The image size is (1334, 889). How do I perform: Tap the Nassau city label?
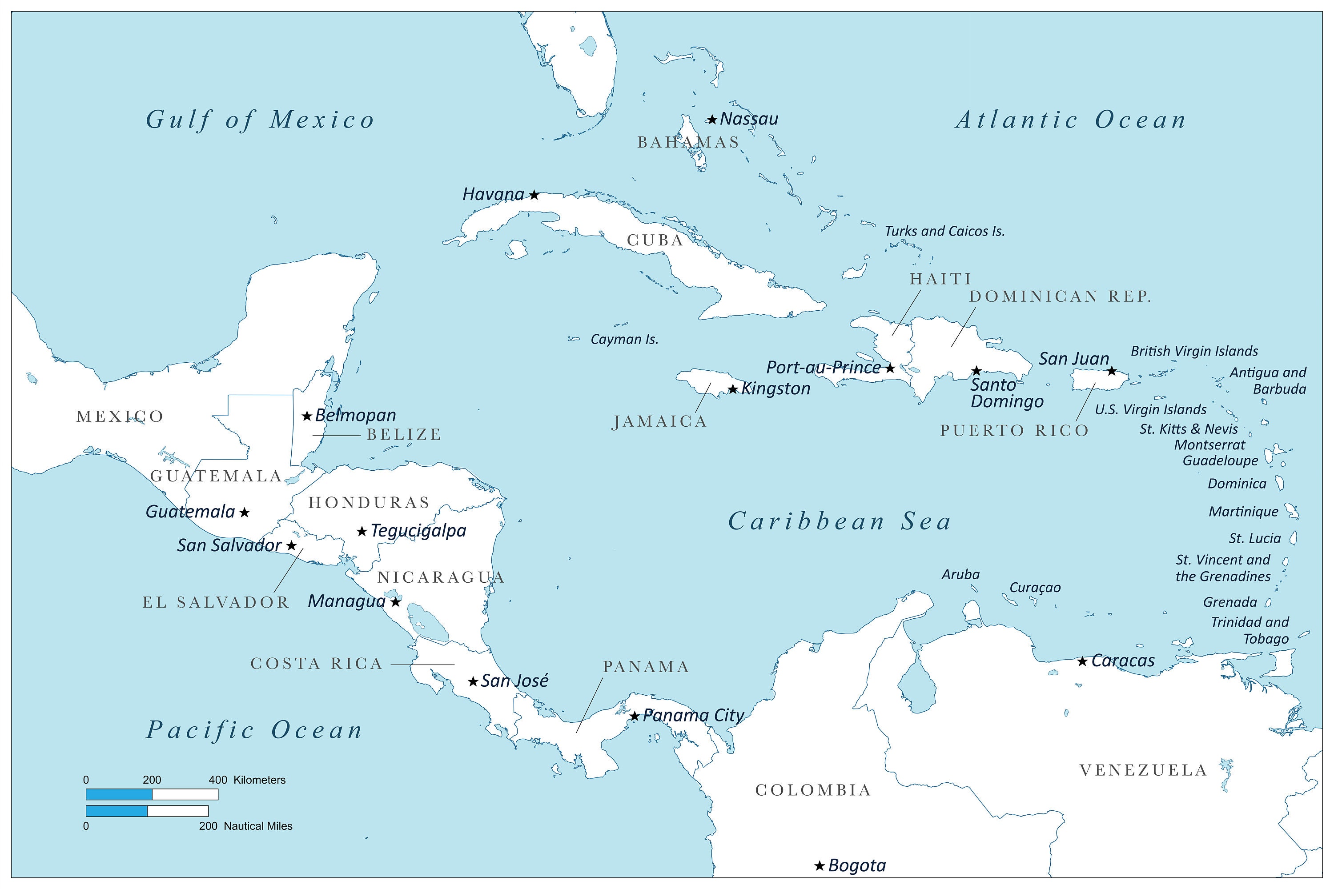[749, 119]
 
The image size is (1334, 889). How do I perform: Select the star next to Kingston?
[733, 389]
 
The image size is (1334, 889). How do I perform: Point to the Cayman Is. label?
[624, 340]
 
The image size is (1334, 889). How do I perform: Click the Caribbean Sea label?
[840, 521]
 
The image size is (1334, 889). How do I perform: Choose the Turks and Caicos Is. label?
[944, 231]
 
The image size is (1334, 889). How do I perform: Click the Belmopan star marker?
[307, 416]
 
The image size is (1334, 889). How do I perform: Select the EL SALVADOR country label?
[216, 602]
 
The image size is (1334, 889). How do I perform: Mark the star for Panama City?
[635, 716]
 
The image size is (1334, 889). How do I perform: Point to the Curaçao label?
[1035, 587]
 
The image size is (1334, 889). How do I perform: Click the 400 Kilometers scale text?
[247, 780]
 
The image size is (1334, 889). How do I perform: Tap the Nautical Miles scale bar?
[147, 811]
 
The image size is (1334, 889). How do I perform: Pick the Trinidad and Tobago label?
[1250, 630]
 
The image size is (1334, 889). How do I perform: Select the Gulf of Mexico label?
[260, 120]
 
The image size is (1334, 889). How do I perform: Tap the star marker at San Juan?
[1112, 371]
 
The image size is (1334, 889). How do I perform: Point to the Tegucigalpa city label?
[418, 531]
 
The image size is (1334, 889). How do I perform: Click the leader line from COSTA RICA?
[422, 665]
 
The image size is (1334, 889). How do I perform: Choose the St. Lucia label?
[1254, 538]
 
